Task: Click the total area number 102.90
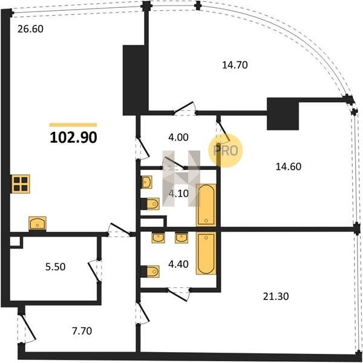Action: [73, 137]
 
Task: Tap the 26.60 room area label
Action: [31, 29]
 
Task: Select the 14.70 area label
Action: [235, 65]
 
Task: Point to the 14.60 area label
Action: [289, 167]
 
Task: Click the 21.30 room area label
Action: [276, 296]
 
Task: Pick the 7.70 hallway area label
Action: [82, 331]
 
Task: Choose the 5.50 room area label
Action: [55, 267]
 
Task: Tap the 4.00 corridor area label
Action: [178, 137]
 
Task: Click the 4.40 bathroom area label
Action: [178, 264]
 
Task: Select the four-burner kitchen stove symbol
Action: [21, 184]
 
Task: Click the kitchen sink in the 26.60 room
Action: [38, 224]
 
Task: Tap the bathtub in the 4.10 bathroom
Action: [206, 205]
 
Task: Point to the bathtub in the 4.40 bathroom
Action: [206, 253]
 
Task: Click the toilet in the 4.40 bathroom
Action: [153, 271]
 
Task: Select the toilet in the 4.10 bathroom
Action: [153, 204]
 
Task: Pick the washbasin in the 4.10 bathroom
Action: [147, 182]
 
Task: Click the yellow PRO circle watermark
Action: [226, 151]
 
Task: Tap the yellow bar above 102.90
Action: [73, 125]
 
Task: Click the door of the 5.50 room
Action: [94, 271]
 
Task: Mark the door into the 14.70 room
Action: [185, 108]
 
